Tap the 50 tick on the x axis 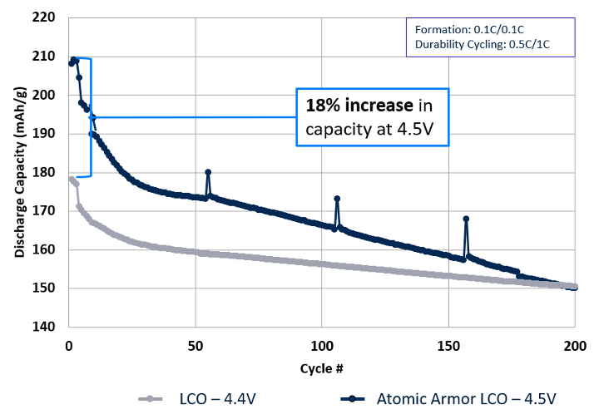196,345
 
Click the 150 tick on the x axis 448,345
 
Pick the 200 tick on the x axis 575,345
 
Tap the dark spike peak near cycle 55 208,172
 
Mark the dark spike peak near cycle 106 337,199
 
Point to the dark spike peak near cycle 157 466,219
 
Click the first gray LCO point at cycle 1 72,179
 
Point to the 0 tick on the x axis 69,345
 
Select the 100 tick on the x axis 322,345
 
